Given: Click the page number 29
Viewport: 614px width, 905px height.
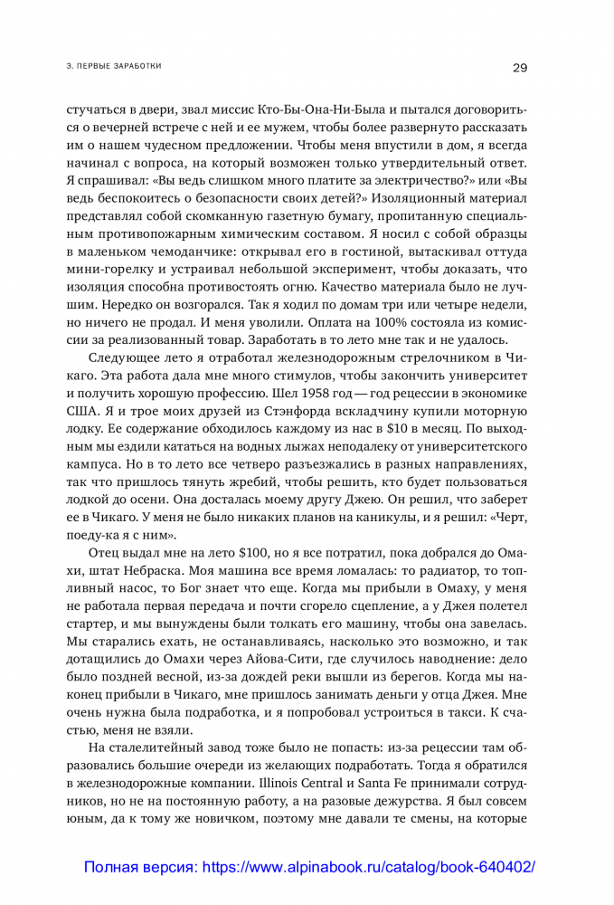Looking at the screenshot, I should (x=520, y=66).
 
